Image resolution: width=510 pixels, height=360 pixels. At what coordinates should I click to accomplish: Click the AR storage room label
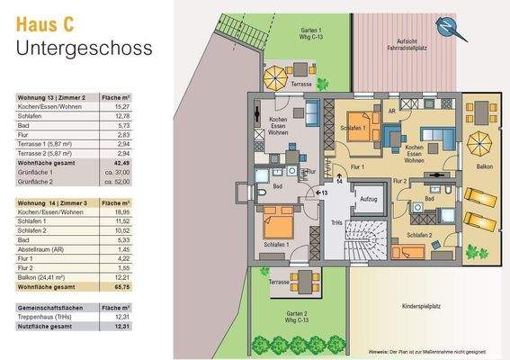pos(391,111)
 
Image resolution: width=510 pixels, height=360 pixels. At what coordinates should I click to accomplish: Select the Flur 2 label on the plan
pos(401,181)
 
